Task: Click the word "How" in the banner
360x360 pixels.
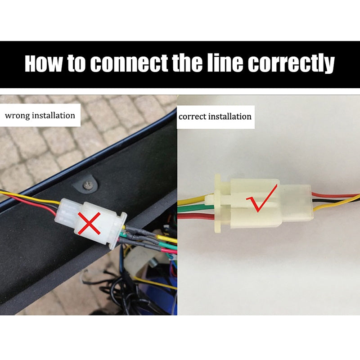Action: pyautogui.click(x=44, y=63)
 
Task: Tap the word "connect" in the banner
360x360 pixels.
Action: pyautogui.click(x=129, y=63)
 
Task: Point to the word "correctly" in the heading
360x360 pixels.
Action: pyautogui.click(x=291, y=64)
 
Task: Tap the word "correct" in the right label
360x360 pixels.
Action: pyautogui.click(x=193, y=117)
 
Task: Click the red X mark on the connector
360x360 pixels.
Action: pyautogui.click(x=89, y=223)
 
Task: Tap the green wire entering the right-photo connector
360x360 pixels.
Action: pyautogui.click(x=196, y=208)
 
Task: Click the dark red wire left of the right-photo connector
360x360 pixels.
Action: pyautogui.click(x=196, y=216)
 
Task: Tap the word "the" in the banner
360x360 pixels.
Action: pyautogui.click(x=187, y=63)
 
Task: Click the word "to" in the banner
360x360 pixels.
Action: pyautogui.click(x=76, y=64)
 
